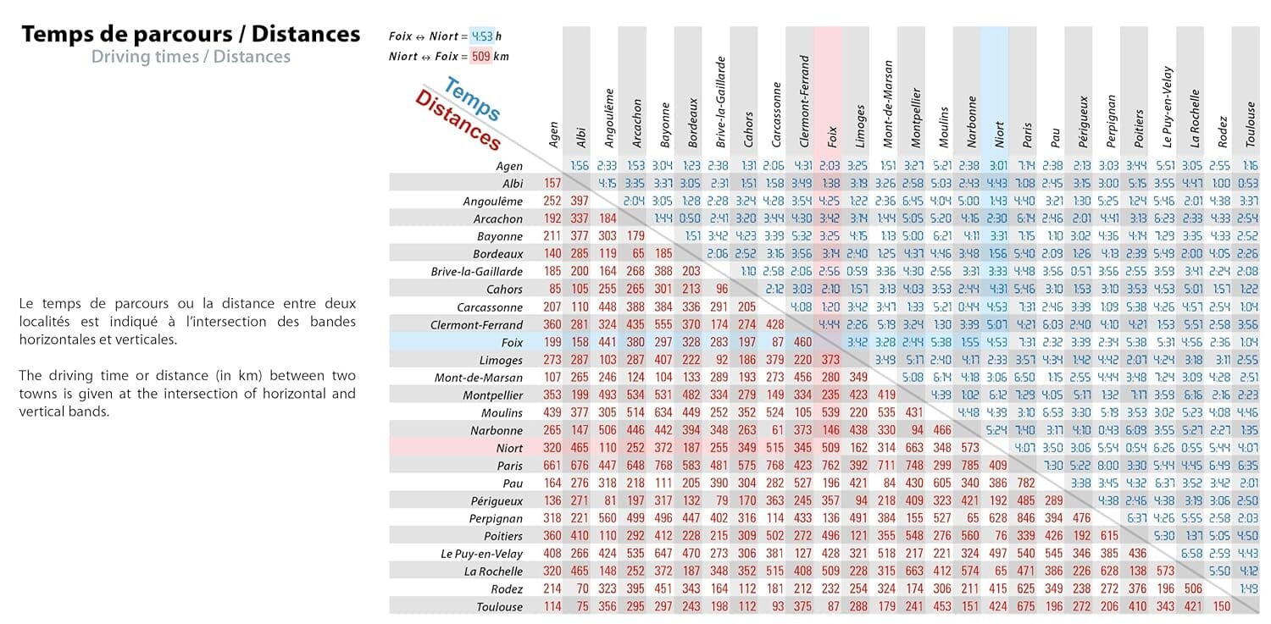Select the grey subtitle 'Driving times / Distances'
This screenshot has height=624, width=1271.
pyautogui.click(x=191, y=57)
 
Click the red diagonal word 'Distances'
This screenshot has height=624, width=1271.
pyautogui.click(x=458, y=121)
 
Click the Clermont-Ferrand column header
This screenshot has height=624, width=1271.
pyautogui.click(x=804, y=102)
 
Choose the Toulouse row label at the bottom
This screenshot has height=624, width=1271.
pyautogui.click(x=501, y=606)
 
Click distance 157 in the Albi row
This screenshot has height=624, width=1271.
pyautogui.click(x=552, y=184)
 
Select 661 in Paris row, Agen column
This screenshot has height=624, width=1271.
pyautogui.click(x=552, y=466)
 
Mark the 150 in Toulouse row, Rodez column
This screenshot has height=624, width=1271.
pyautogui.click(x=1221, y=606)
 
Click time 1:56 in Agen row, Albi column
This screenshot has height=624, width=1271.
pyautogui.click(x=580, y=166)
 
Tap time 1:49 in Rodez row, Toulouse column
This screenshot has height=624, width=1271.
pyautogui.click(x=1249, y=589)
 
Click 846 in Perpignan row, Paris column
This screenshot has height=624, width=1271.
pyautogui.click(x=1026, y=518)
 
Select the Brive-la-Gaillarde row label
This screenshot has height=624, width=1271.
pyautogui.click(x=477, y=272)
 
